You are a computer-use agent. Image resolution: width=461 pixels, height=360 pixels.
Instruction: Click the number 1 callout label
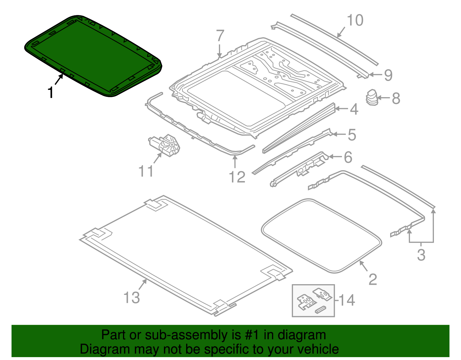[x=51, y=93]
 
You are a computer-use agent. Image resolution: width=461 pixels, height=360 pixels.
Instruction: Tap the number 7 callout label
[x=220, y=36]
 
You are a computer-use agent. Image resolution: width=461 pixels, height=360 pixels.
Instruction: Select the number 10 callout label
[x=355, y=20]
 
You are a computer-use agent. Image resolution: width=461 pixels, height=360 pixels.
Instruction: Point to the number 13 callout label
[x=132, y=297]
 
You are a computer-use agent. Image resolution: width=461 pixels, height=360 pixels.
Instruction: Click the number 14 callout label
[x=347, y=300]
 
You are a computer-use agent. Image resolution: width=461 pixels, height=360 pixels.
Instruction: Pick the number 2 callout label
[x=373, y=279]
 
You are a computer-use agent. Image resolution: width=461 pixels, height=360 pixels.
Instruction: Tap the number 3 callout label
[x=421, y=255]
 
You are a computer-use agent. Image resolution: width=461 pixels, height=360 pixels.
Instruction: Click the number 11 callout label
[x=146, y=171]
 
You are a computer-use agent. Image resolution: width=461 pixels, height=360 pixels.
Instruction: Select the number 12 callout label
[x=237, y=177]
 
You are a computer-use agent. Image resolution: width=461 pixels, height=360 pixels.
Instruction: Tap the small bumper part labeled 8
[x=372, y=97]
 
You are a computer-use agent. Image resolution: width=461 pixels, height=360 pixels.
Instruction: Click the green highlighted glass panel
[x=92, y=55]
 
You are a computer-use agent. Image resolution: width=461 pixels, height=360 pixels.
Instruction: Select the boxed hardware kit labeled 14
[x=313, y=301]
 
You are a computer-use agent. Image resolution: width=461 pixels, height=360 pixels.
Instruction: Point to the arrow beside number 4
[x=342, y=109]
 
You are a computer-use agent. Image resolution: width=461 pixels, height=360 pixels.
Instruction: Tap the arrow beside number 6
[x=335, y=157]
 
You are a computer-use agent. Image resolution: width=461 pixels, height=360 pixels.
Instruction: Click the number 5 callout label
[x=352, y=135]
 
